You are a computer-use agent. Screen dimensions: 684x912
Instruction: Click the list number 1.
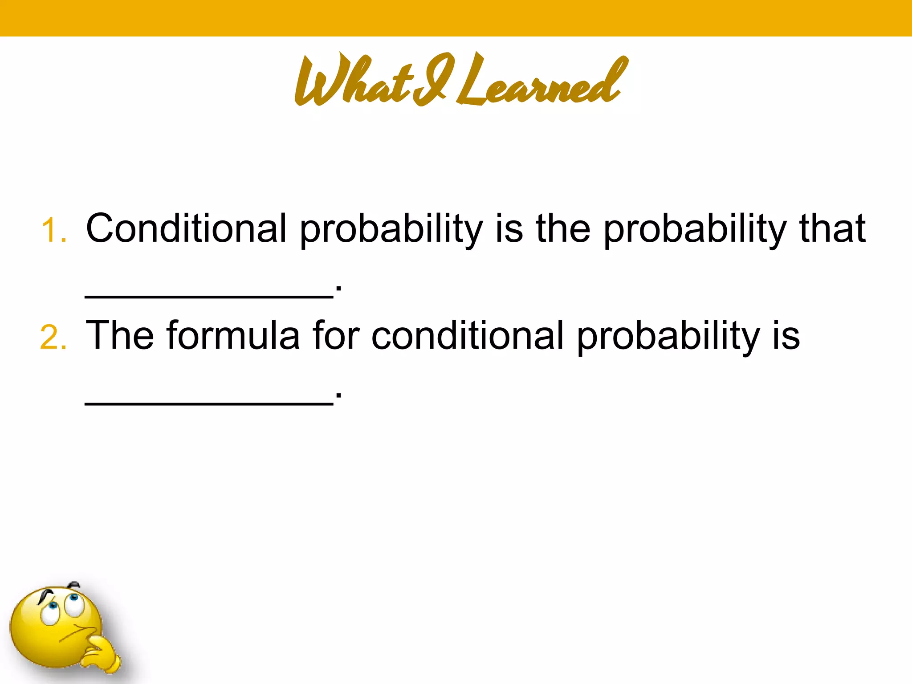[53, 231]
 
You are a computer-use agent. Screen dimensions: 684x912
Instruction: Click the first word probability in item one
[391, 229]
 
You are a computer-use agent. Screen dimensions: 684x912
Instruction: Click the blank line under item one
[209, 297]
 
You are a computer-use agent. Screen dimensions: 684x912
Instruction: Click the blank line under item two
[209, 403]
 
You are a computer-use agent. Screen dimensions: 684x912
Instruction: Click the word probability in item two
[668, 337]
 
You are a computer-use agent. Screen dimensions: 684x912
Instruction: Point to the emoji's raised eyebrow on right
[74, 584]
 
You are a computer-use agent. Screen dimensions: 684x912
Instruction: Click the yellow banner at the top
[456, 18]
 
